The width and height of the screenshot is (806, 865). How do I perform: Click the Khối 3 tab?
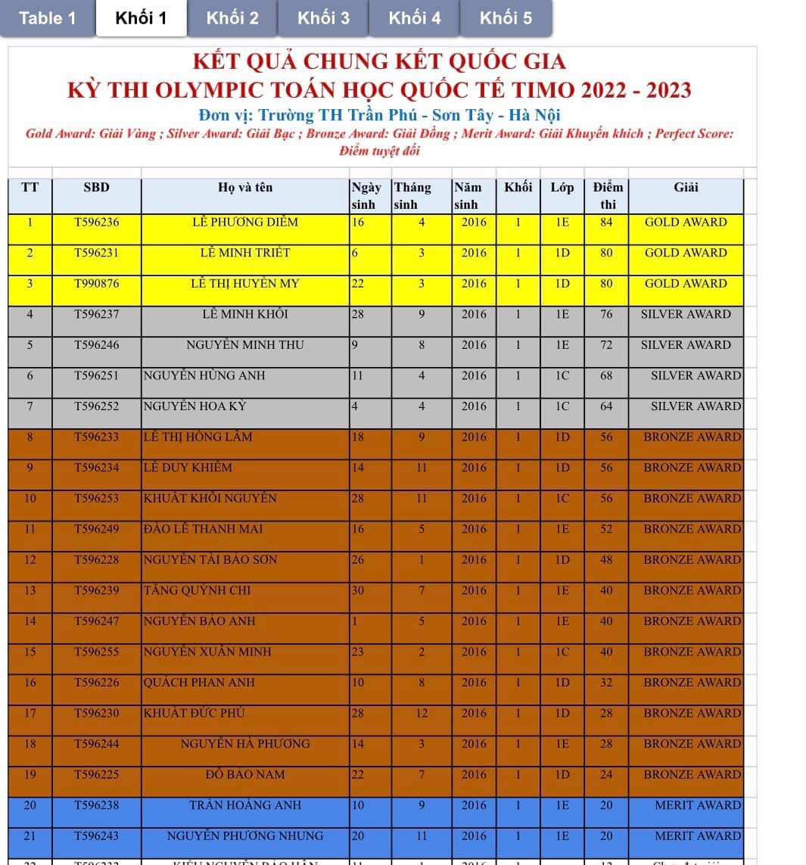(323, 18)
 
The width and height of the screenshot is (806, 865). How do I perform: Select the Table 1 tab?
(47, 18)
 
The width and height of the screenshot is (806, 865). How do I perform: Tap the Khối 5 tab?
(506, 18)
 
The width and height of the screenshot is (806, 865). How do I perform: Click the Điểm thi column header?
(607, 195)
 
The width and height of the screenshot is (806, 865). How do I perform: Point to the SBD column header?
(96, 188)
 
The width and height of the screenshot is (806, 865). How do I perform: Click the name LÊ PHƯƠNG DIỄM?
(245, 222)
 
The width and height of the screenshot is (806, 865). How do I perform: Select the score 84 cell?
(606, 222)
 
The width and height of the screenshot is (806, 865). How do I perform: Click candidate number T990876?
(96, 284)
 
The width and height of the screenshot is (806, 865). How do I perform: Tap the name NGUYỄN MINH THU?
(245, 345)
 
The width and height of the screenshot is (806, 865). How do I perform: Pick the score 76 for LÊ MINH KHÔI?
(606, 314)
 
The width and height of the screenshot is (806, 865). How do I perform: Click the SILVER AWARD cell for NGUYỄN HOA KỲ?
(696, 406)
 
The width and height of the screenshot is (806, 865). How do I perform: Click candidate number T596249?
(96, 529)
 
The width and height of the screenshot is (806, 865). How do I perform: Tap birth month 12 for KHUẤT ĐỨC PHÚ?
(422, 713)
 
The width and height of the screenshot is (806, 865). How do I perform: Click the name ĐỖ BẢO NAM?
(245, 774)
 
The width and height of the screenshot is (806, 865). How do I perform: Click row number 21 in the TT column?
(30, 836)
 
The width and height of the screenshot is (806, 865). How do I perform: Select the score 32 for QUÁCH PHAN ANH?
(606, 683)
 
